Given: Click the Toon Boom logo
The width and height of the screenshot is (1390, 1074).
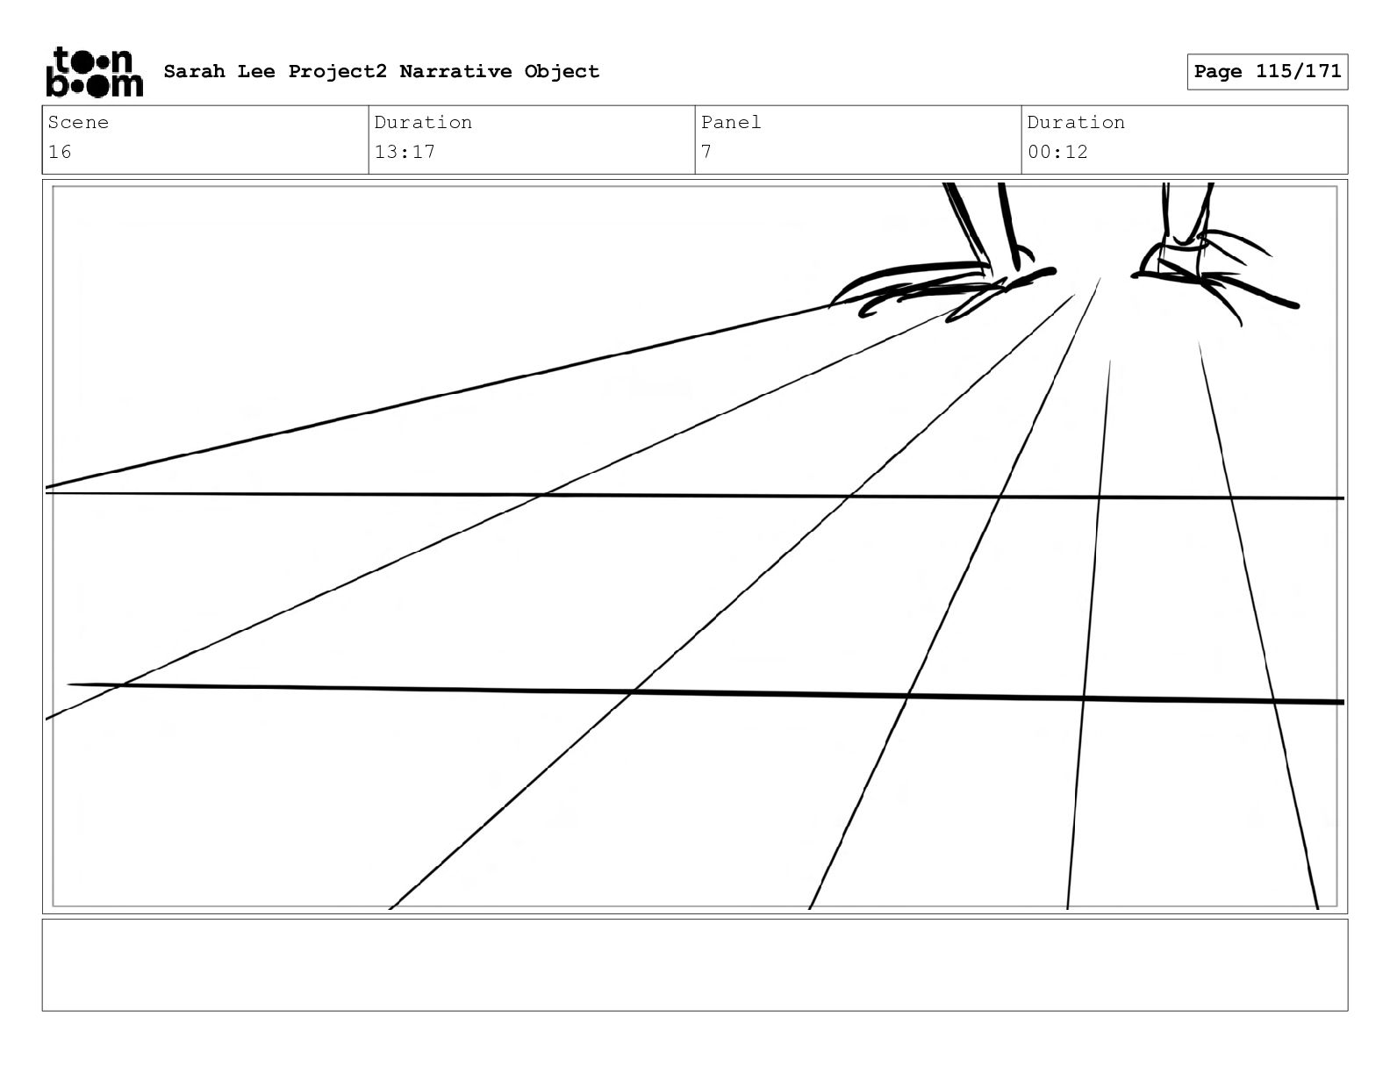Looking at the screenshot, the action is pyautogui.click(x=94, y=72).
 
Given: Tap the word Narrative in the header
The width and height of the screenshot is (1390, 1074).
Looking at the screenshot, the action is pyautogui.click(x=455, y=71).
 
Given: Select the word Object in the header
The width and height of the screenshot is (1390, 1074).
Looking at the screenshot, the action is pyautogui.click(x=562, y=71).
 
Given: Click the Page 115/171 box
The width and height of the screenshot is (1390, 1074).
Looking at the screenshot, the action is pyautogui.click(x=1267, y=72).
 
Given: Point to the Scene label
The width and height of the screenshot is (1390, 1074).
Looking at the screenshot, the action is pyautogui.click(x=78, y=122).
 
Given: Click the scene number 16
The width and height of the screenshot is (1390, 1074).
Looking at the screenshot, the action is pyautogui.click(x=60, y=152).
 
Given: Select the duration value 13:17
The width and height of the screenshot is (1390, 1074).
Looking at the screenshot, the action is pyautogui.click(x=405, y=152).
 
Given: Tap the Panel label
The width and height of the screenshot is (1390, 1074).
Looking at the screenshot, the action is pyautogui.click(x=730, y=122).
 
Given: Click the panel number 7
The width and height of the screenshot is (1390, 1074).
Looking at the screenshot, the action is pyautogui.click(x=706, y=152).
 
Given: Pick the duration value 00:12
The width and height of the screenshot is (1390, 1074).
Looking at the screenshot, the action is pyautogui.click(x=1057, y=152).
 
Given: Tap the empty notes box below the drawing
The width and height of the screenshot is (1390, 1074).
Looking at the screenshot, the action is pyautogui.click(x=694, y=964).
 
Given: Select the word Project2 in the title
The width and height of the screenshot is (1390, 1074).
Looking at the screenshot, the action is pyautogui.click(x=337, y=71).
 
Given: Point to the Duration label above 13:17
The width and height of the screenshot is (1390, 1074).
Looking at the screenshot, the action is pyautogui.click(x=423, y=122).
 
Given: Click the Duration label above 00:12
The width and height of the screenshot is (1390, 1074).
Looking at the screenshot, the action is pyautogui.click(x=1076, y=122).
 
